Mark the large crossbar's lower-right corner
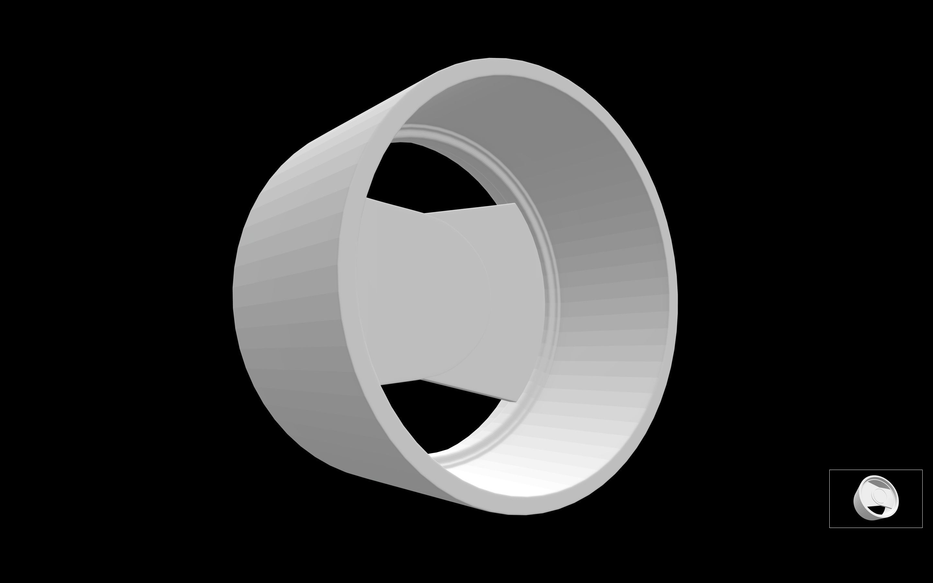(515, 402)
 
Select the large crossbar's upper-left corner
(367, 198)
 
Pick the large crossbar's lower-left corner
(381, 384)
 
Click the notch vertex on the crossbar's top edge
(424, 213)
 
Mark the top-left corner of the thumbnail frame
(830, 470)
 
